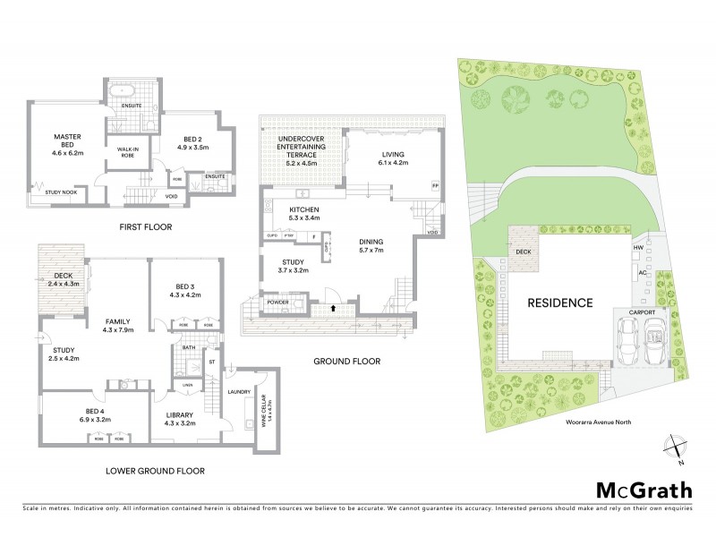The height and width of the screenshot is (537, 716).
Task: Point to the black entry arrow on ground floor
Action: tap(335, 307)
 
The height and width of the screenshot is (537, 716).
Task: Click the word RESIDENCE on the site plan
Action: tap(559, 303)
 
